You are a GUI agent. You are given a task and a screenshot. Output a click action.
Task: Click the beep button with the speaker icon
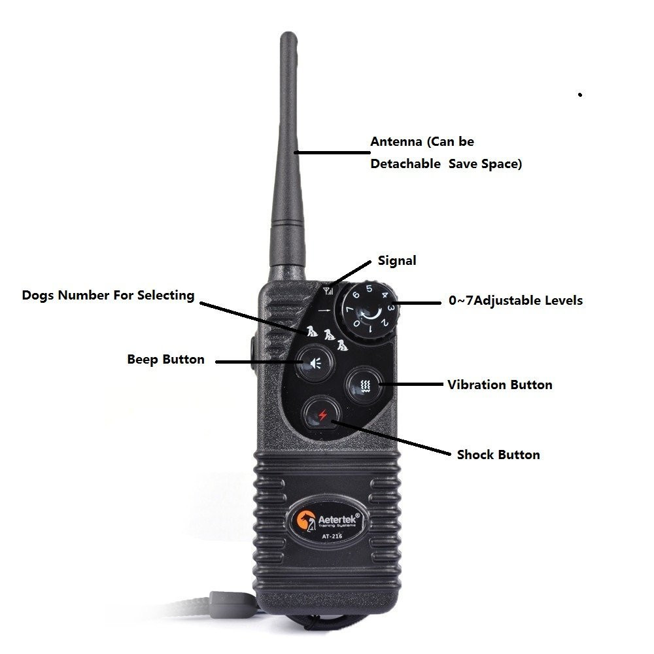(315, 363)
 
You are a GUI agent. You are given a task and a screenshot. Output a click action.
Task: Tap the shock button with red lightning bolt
(322, 415)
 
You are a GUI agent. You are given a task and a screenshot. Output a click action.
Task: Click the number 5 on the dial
(369, 288)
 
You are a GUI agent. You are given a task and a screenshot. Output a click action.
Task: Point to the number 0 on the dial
(357, 323)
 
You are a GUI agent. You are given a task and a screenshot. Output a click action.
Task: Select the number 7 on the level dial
(349, 310)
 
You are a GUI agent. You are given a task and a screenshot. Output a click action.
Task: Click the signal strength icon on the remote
(329, 290)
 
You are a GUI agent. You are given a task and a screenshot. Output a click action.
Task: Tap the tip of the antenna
(288, 33)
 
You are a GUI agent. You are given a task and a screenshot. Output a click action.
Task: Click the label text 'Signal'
(397, 261)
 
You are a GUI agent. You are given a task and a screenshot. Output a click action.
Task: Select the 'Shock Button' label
(498, 455)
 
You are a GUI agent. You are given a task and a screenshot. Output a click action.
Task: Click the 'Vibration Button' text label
(500, 385)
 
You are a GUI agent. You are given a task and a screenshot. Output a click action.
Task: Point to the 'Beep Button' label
(165, 359)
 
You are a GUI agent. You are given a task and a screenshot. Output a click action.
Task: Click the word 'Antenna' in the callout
(396, 141)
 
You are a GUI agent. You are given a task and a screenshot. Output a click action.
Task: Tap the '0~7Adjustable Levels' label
(515, 300)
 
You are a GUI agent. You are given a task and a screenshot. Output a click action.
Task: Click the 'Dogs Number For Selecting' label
(108, 296)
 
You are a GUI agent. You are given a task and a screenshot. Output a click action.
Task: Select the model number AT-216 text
(332, 536)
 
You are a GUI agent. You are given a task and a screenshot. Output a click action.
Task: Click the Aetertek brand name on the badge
(337, 519)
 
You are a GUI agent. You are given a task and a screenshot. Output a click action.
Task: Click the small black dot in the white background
(579, 95)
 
